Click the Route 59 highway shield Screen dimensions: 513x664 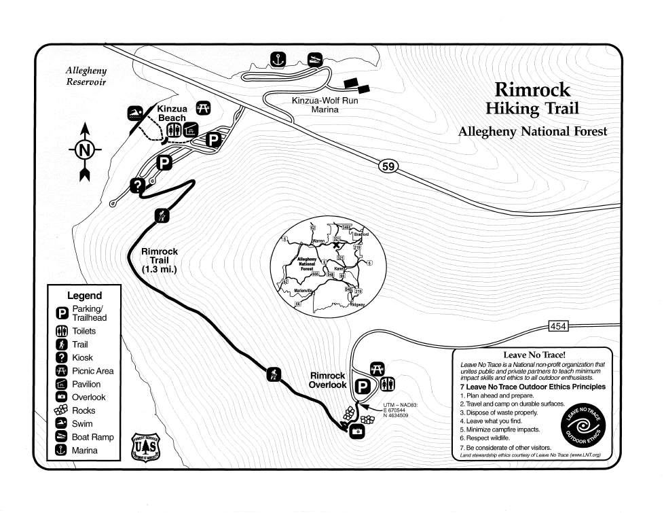388,166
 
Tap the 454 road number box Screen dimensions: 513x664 557,327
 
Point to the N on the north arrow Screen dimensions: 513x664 85,151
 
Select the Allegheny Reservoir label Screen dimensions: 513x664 86,76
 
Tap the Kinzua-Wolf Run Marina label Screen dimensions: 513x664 325,105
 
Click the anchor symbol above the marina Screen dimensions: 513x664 277,60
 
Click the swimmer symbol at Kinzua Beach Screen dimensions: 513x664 135,113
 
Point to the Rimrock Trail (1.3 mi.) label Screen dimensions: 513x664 160,260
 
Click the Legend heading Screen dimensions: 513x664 84,296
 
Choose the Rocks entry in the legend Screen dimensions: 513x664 83,410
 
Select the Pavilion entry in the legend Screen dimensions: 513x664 86,384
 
